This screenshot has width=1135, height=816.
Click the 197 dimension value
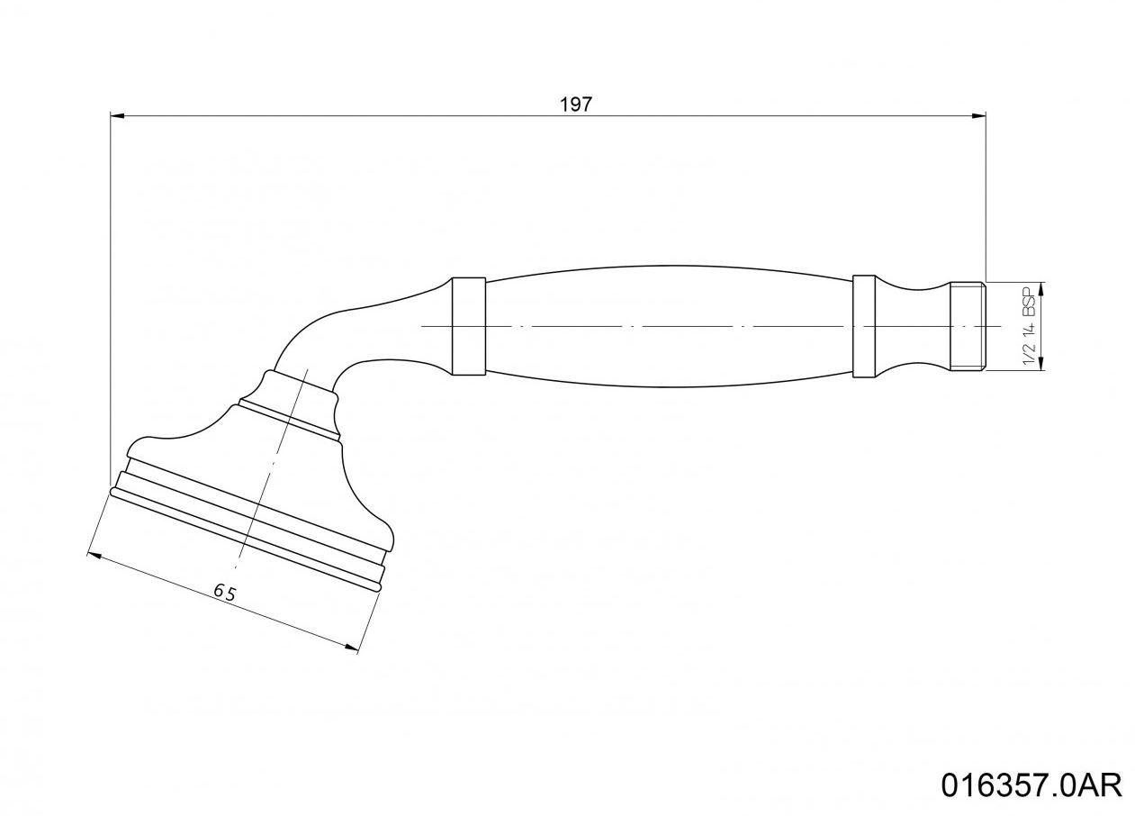tap(576, 104)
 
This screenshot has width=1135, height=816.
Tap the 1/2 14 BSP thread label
tap(1029, 326)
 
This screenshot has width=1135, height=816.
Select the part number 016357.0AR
tap(1031, 784)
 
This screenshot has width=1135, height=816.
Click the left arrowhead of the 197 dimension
tap(116, 115)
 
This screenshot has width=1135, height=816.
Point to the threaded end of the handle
tap(968, 326)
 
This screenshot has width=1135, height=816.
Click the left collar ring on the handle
tap(468, 325)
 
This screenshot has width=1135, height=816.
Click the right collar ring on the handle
tap(863, 326)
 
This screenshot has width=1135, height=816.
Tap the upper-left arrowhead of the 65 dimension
tap(93, 556)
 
